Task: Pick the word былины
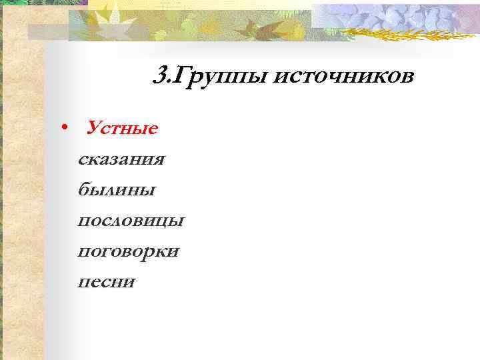click(x=117, y=190)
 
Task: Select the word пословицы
click(x=131, y=221)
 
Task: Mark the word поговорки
click(x=128, y=252)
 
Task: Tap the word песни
click(x=107, y=282)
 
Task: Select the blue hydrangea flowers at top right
click(x=400, y=17)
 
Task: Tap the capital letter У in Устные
click(x=94, y=127)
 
